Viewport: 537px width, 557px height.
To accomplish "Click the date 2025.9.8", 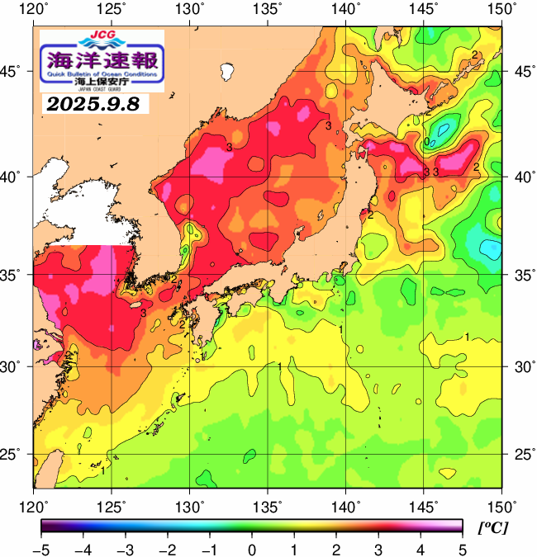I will (x=93, y=105).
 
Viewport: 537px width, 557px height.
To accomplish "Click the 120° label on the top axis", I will (x=34, y=10).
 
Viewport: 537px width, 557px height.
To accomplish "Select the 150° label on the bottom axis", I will (x=501, y=504).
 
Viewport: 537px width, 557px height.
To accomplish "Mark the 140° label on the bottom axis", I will (x=345, y=504).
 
